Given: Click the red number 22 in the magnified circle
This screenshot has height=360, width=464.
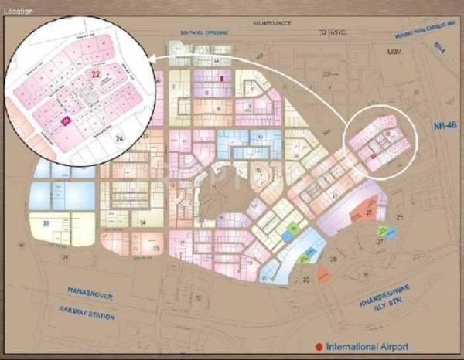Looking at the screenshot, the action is pyautogui.click(x=95, y=74).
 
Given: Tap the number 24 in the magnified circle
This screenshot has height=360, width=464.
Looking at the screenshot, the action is pyautogui.click(x=118, y=138).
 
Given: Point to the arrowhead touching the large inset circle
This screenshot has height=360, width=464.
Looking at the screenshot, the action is pyautogui.click(x=152, y=58).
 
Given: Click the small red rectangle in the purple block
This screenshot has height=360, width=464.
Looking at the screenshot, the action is pyautogui.click(x=221, y=79).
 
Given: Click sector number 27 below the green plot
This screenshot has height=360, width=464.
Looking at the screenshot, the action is pyautogui.click(x=380, y=242).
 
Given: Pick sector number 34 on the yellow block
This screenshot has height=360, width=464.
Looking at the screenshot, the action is pyautogui.click(x=144, y=222).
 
